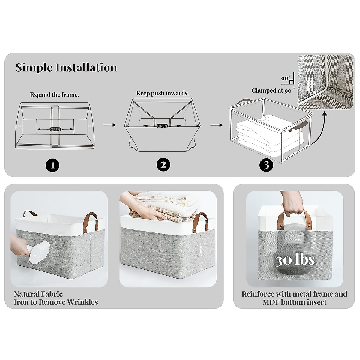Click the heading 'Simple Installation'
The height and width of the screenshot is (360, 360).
(66, 67)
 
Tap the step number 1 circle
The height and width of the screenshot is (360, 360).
(52, 165)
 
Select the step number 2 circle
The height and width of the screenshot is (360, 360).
(163, 165)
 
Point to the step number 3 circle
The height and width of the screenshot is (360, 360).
(266, 165)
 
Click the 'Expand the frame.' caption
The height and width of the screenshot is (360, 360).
(55, 95)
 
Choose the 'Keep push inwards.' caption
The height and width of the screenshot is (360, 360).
(163, 93)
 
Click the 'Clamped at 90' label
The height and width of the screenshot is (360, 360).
(271, 91)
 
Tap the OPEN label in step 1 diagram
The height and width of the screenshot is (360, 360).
(55, 130)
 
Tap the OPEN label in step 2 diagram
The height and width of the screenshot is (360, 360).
(162, 126)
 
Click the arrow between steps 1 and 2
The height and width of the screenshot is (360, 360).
(110, 125)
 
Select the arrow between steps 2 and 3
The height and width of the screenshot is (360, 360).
(217, 125)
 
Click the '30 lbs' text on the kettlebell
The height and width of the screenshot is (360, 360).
(295, 259)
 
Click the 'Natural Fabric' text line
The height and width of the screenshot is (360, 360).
(38, 294)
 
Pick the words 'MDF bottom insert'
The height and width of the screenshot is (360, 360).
(295, 302)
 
